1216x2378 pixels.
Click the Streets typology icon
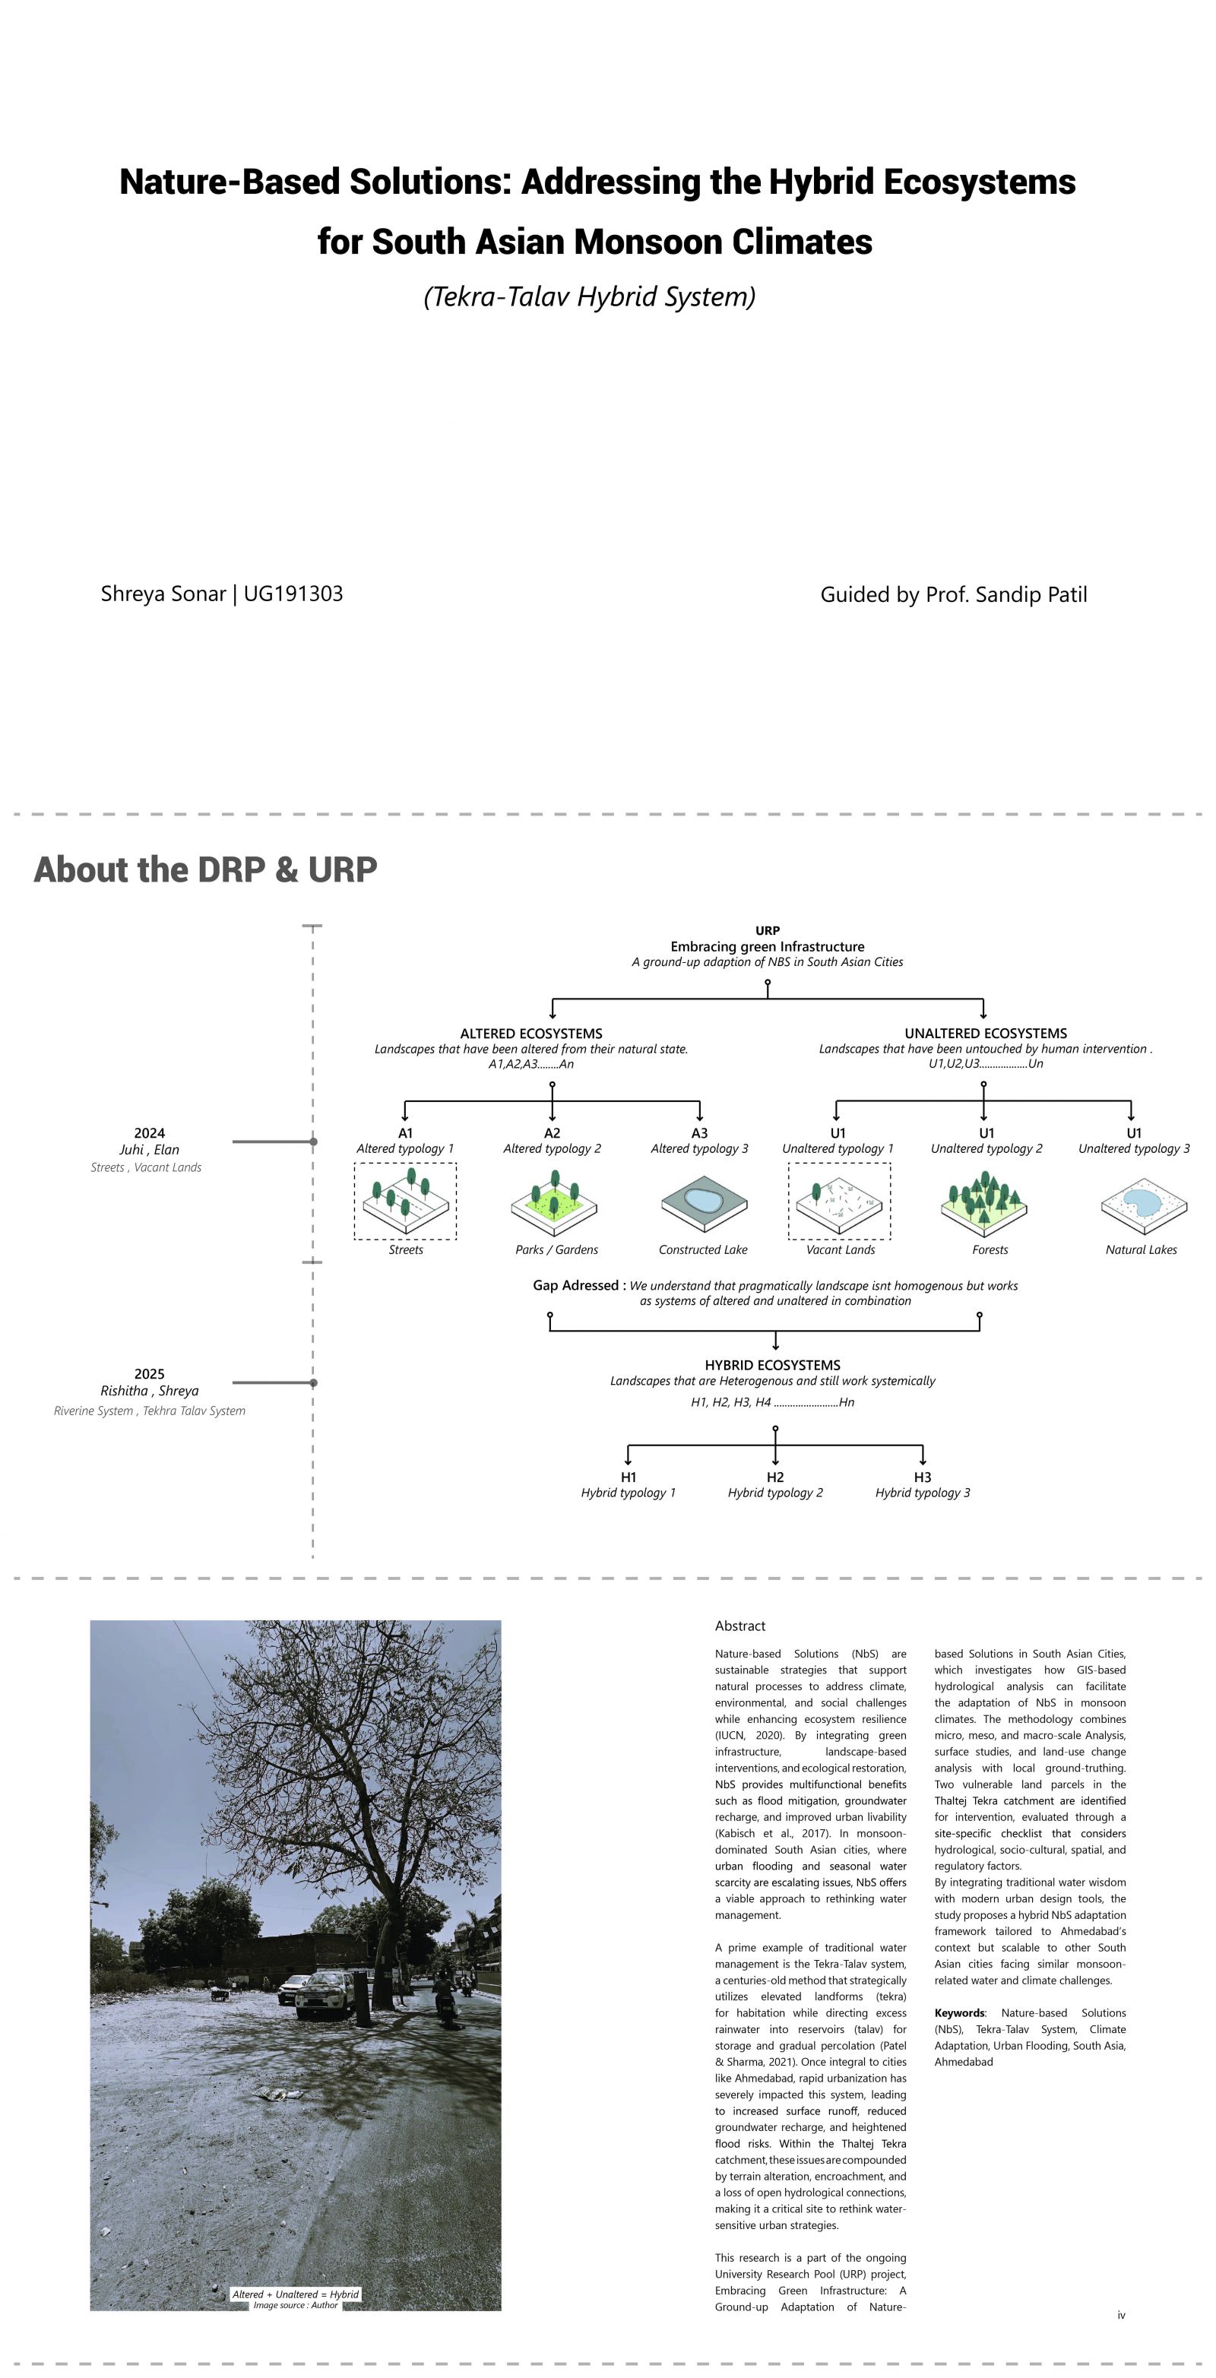tap(405, 1200)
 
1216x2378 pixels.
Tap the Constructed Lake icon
tap(704, 1204)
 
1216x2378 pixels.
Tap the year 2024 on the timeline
tap(150, 1132)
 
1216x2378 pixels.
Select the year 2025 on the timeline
tap(150, 1373)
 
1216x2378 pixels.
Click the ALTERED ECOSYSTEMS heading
tap(531, 1034)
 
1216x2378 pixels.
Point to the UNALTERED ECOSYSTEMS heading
tap(985, 1034)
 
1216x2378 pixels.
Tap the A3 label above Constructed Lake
tap(700, 1132)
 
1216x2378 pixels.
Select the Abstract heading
tap(739, 1626)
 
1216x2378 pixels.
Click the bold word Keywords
tap(960, 2012)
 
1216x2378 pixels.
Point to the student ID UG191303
tap(293, 594)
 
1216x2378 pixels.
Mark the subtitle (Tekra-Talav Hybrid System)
tap(589, 297)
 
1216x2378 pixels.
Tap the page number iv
tap(1121, 2314)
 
